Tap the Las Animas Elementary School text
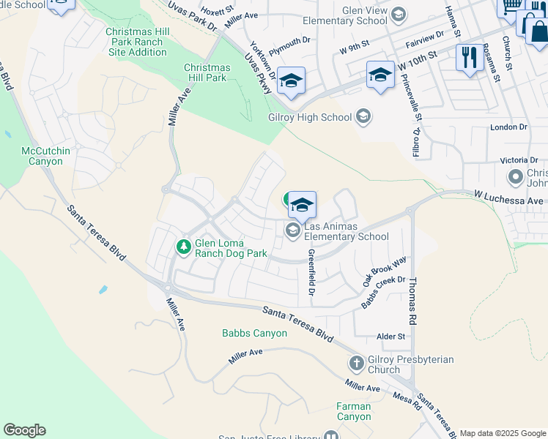pos(346,231)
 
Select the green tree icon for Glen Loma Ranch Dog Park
pos(184,247)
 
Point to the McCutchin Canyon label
pos(45,156)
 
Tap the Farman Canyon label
pos(354,411)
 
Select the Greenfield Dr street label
pos(311,277)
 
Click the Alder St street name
pos(390,336)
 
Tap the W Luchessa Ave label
pos(508,200)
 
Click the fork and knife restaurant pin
pos(467,57)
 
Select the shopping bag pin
pos(537,32)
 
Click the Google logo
pos(24,430)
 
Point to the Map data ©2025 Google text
pos(503,433)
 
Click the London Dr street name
pos(508,127)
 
